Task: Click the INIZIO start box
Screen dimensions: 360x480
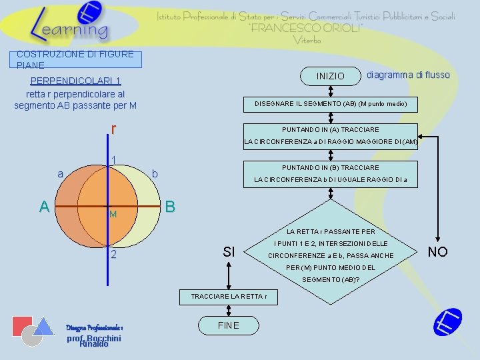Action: (331, 76)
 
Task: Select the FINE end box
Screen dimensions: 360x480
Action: (229, 325)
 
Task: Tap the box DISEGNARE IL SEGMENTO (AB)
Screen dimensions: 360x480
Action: (331, 104)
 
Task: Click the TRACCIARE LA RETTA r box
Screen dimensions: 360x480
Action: (229, 296)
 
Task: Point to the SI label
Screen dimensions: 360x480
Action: (229, 251)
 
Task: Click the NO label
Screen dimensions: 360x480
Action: (437, 251)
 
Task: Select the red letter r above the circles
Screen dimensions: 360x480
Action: (114, 128)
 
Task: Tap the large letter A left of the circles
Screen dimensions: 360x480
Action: (45, 207)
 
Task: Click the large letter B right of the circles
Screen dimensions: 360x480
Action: (170, 207)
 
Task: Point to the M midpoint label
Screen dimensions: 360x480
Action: (113, 215)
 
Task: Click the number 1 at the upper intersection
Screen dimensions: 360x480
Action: (114, 159)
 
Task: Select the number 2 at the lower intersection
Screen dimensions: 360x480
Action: (114, 255)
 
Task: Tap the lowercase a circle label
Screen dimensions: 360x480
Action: (61, 174)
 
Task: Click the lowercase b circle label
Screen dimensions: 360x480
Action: (155, 174)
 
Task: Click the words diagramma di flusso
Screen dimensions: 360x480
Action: (408, 75)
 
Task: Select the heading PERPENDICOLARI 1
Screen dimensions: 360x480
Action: (75, 82)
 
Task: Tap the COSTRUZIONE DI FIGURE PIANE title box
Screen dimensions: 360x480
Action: (76, 59)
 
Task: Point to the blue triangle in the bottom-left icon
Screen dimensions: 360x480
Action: (44, 325)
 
